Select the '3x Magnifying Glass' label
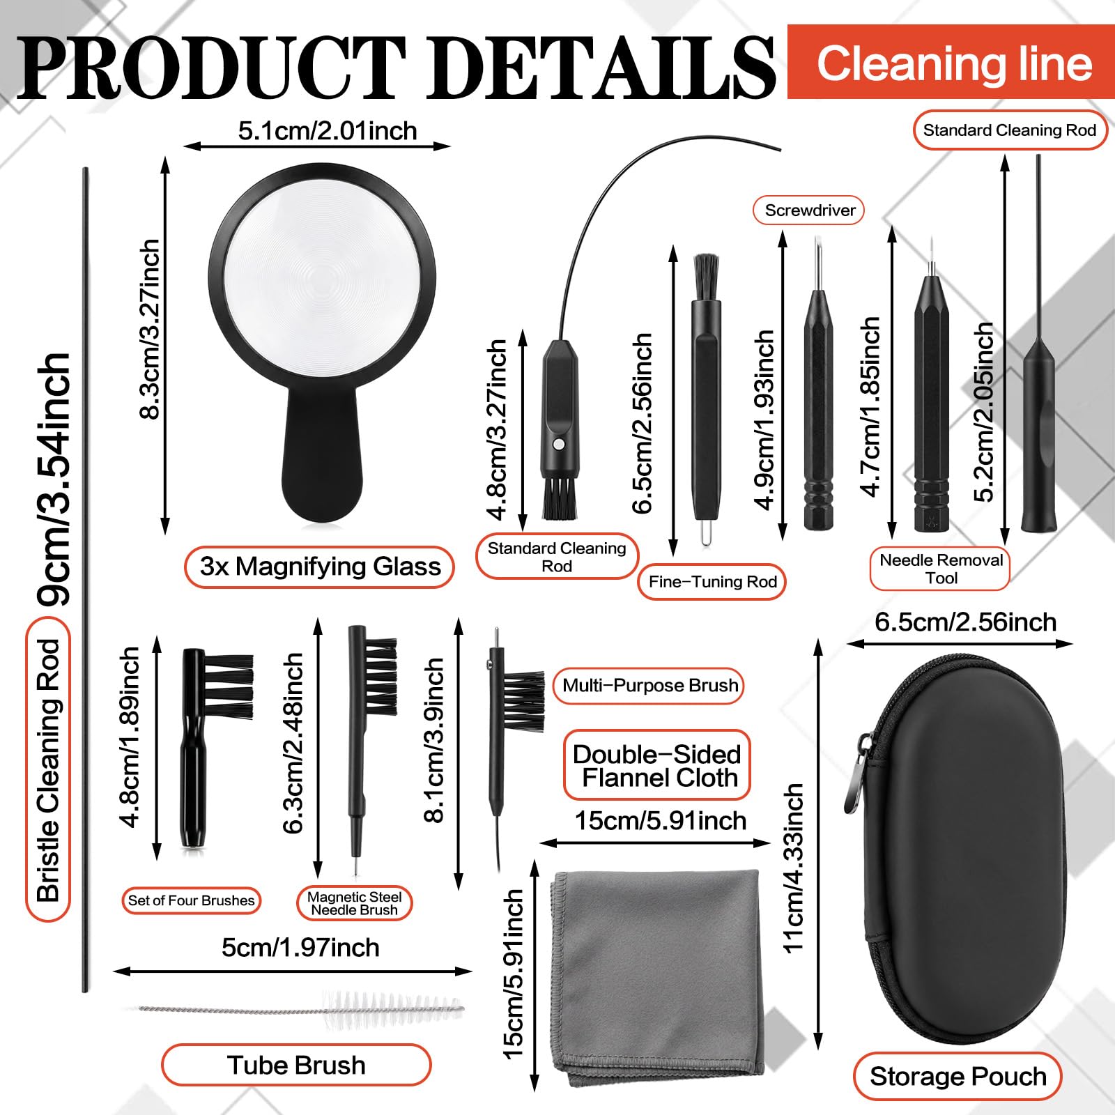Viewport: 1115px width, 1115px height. [x=320, y=567]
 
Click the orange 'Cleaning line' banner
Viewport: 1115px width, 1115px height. [x=951, y=63]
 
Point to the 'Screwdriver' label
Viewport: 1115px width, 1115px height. [x=809, y=210]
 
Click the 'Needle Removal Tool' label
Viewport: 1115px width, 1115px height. [x=940, y=569]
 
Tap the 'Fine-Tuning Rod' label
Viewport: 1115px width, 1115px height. [x=712, y=582]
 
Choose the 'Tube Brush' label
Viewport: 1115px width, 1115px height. [x=296, y=1065]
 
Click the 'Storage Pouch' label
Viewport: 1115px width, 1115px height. [x=958, y=1077]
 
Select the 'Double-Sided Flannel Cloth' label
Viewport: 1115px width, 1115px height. [x=656, y=765]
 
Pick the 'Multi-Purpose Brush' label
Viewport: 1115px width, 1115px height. [x=649, y=686]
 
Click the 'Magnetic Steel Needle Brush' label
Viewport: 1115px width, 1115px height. [x=355, y=903]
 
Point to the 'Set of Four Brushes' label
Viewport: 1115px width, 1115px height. [x=191, y=900]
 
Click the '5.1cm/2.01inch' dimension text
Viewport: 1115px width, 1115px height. [x=328, y=131]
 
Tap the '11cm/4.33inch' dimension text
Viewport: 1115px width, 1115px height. [x=793, y=868]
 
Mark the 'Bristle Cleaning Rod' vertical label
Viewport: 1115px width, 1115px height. [x=48, y=770]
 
